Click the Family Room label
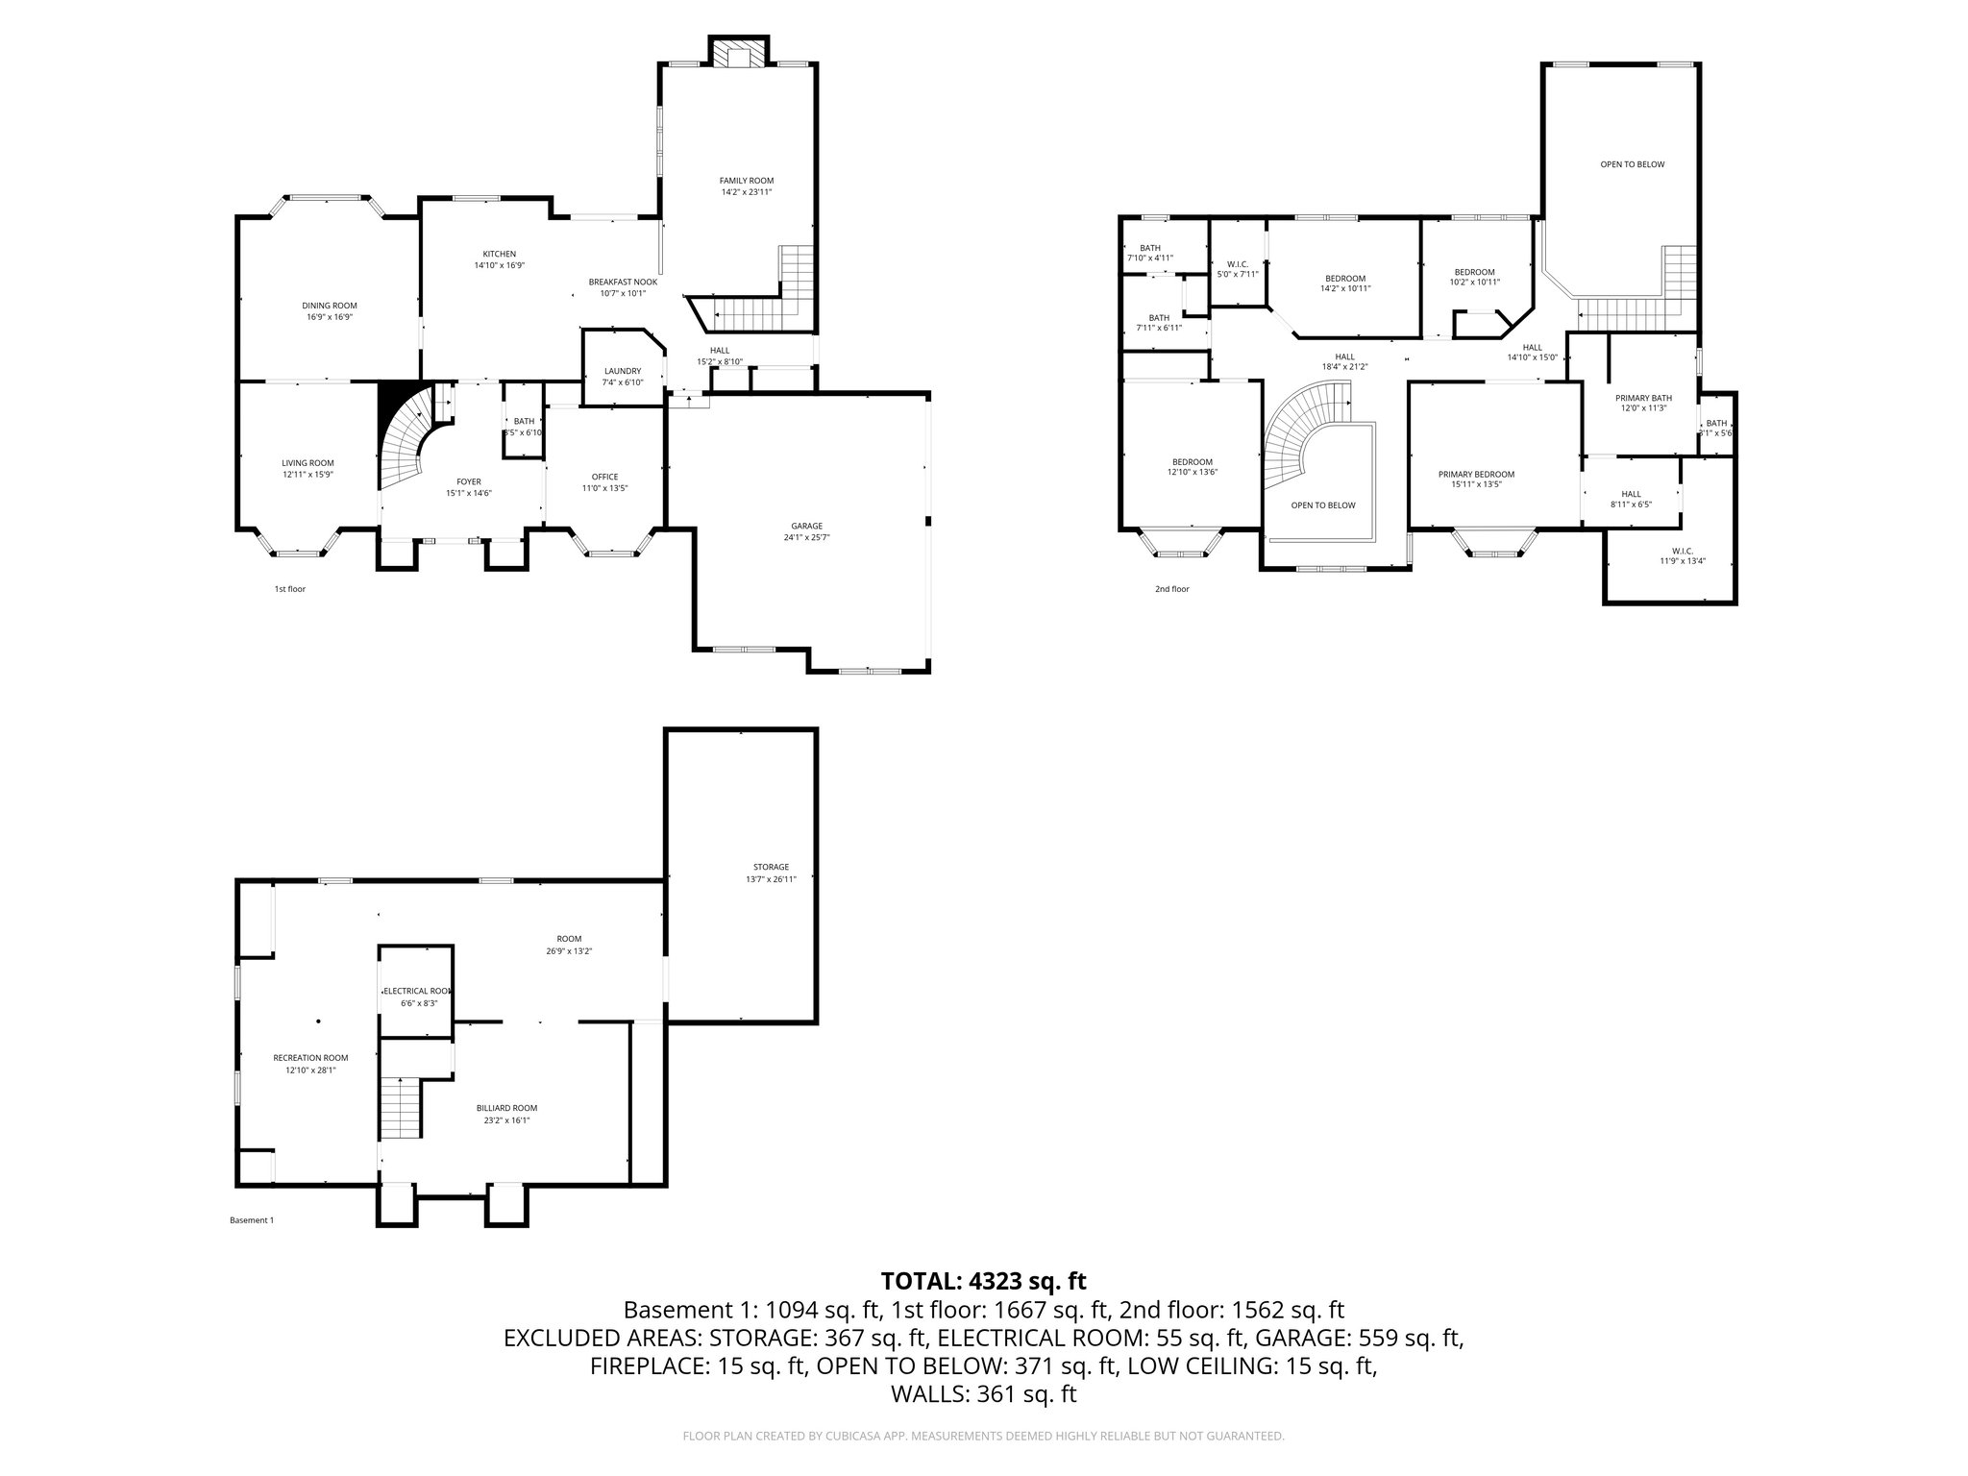tap(747, 181)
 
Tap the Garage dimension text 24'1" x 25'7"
tap(806, 538)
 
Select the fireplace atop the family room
tap(738, 54)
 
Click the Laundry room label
tap(622, 371)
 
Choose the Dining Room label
tap(330, 306)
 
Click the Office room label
tap(604, 477)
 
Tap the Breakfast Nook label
tap(623, 283)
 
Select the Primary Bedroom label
tap(1476, 474)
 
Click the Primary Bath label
tap(1643, 397)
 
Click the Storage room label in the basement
tap(771, 867)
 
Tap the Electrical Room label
tap(416, 991)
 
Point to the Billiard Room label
tap(506, 1108)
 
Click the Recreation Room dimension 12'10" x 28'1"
tap(310, 1070)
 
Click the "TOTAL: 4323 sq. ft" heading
tap(983, 1281)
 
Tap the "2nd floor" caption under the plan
tap(1171, 589)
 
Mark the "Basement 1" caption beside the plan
tap(252, 1220)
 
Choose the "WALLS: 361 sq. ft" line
tap(983, 1394)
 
